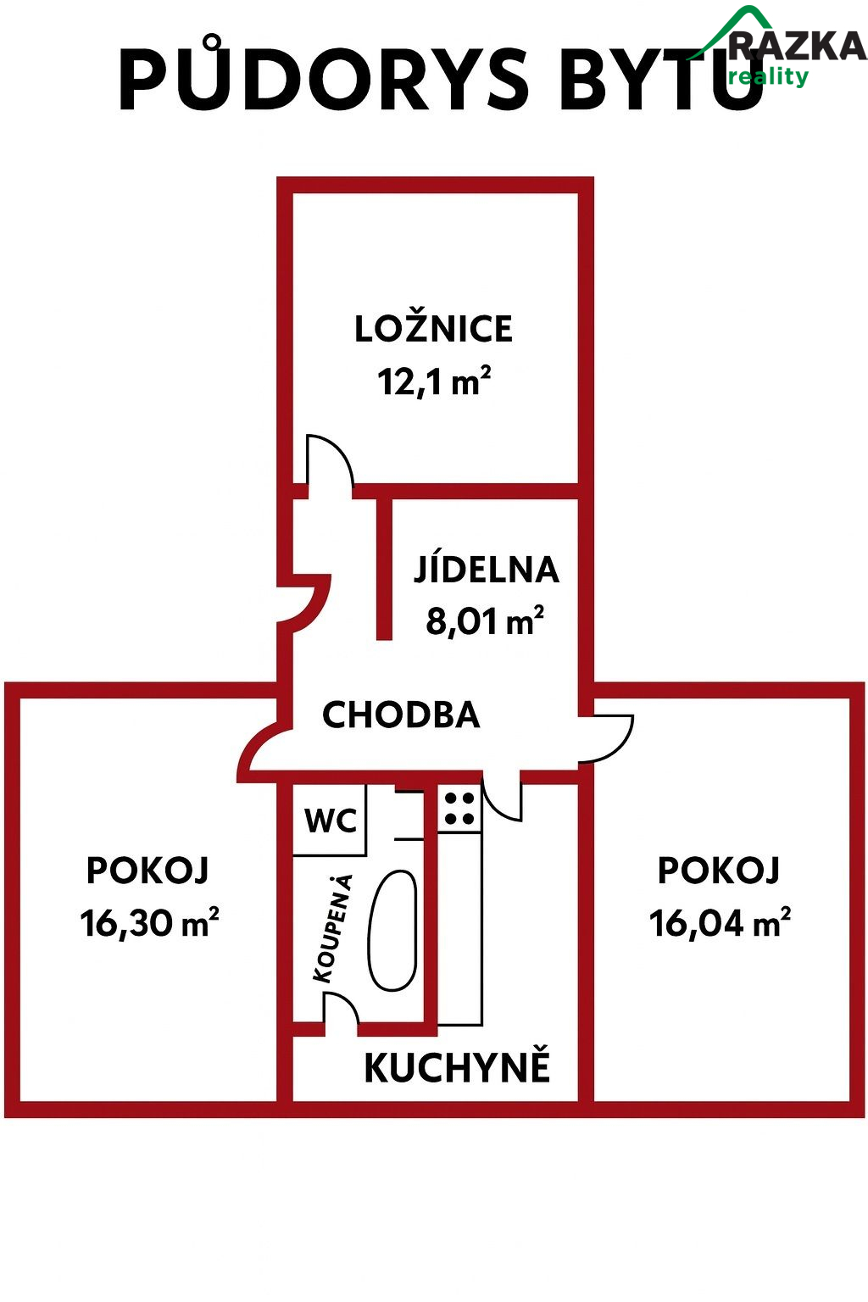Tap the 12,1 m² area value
tap(434, 381)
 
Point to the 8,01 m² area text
tap(485, 620)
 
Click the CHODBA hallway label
tap(401, 715)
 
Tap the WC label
tap(331, 821)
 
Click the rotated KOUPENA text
tap(333, 929)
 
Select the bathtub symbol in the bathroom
tap(392, 930)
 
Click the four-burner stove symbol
tap(459, 810)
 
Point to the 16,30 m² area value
tap(149, 922)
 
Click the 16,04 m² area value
tap(720, 922)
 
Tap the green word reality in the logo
tap(769, 76)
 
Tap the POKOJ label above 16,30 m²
tap(147, 871)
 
